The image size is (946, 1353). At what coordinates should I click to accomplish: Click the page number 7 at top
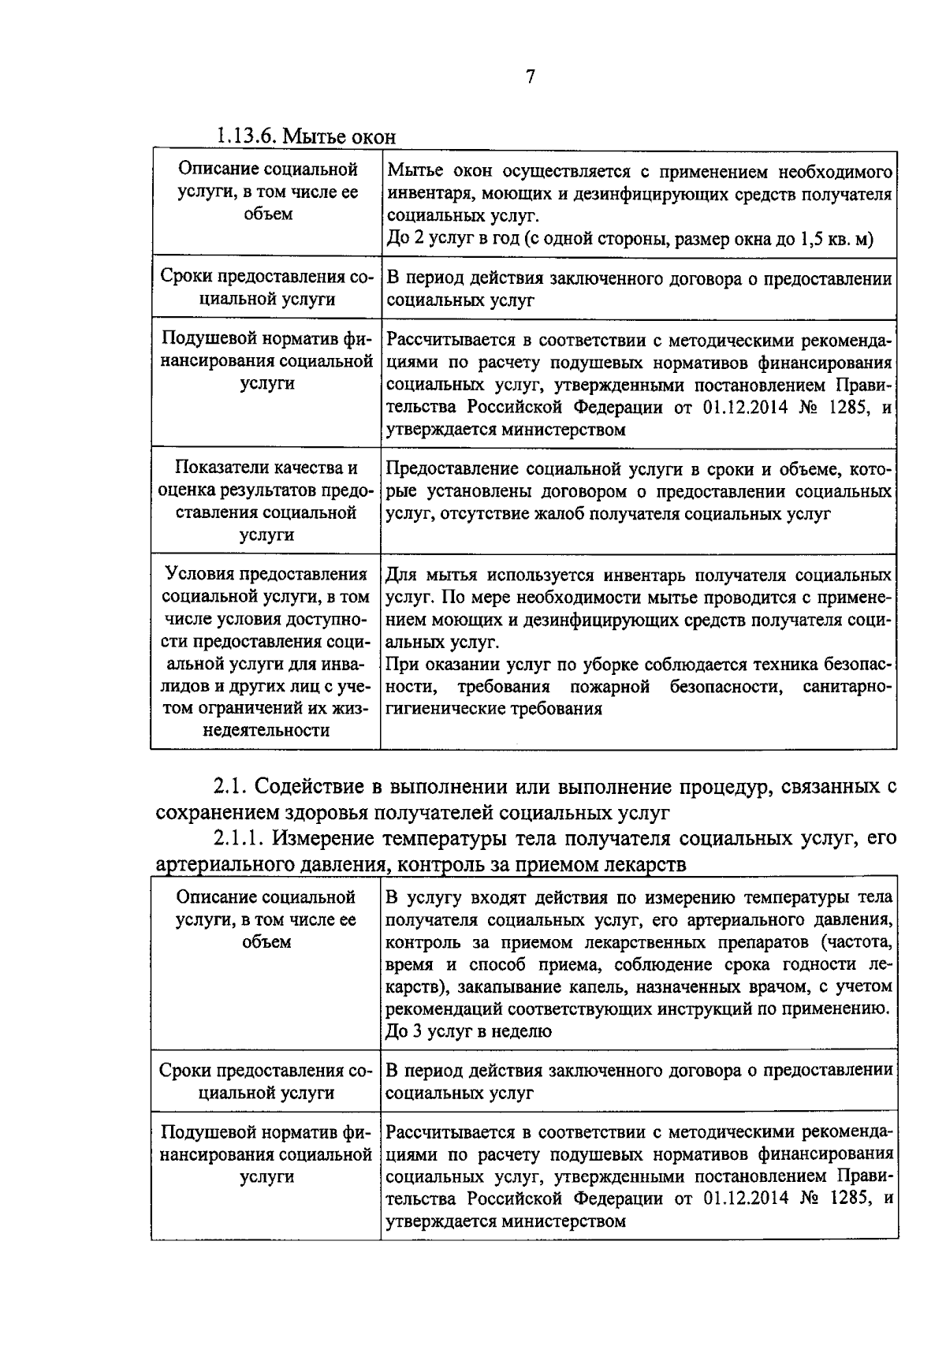pyautogui.click(x=530, y=76)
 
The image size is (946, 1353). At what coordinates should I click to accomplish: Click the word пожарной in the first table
pyautogui.click(x=609, y=686)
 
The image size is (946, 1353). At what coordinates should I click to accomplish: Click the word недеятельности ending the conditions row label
pyautogui.click(x=266, y=730)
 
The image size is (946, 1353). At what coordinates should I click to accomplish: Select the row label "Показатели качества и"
pyautogui.click(x=266, y=468)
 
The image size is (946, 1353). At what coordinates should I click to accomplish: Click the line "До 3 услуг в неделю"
pyautogui.click(x=468, y=1031)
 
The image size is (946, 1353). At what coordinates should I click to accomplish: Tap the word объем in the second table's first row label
pyautogui.click(x=266, y=942)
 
